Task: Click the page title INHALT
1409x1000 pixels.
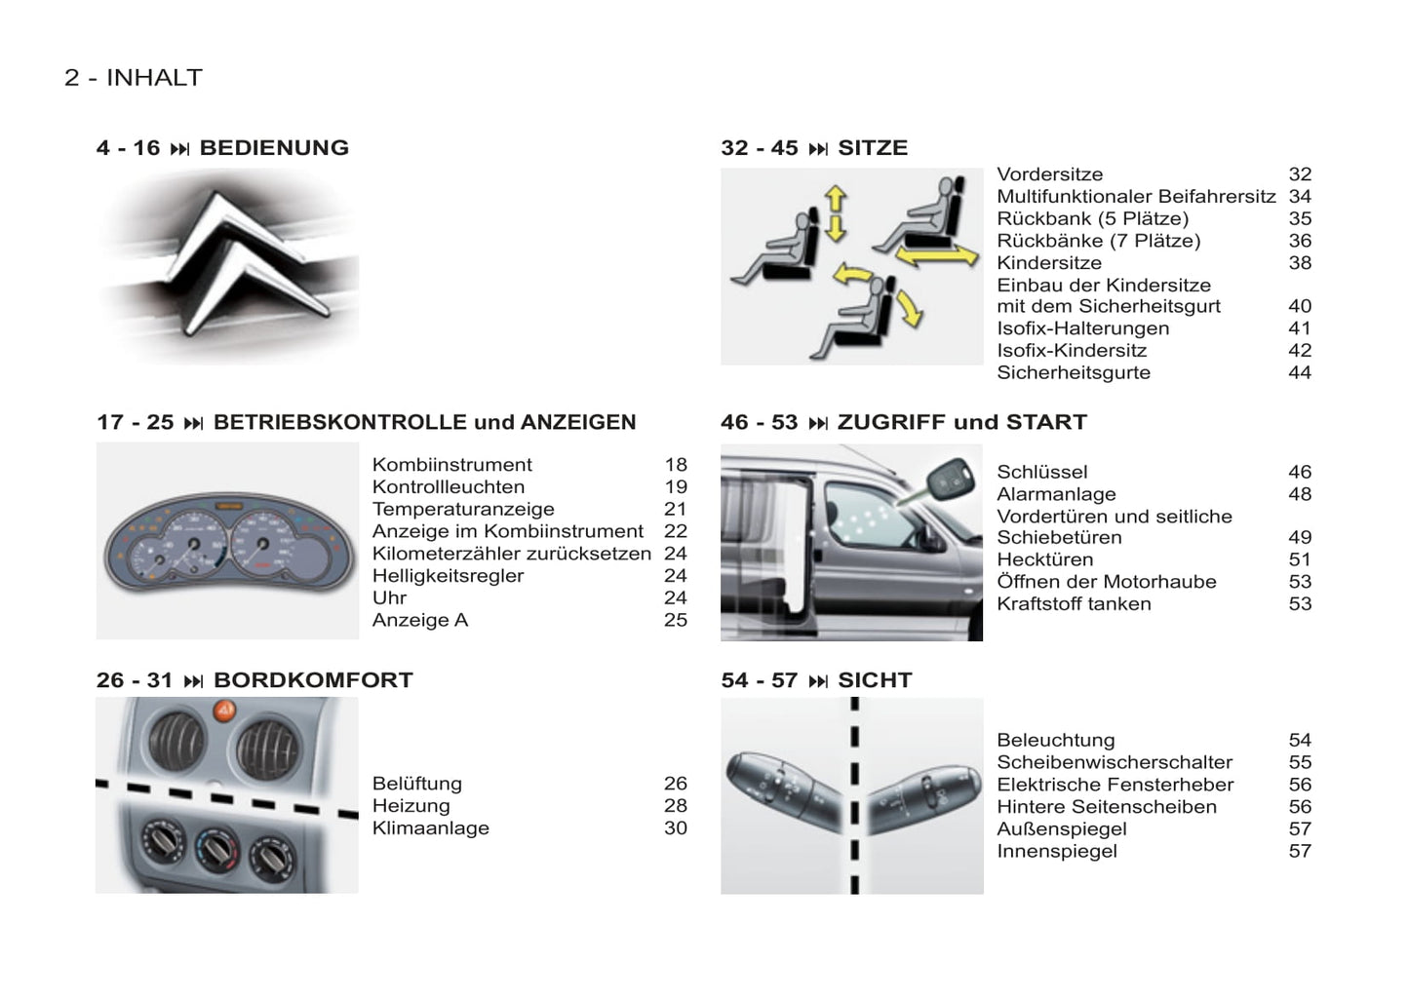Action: point(155,77)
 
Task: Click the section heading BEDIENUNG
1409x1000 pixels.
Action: point(274,148)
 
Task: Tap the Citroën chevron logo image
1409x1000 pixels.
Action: point(228,266)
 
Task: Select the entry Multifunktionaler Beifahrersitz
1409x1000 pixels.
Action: point(1136,197)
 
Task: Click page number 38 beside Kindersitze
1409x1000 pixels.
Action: point(1300,262)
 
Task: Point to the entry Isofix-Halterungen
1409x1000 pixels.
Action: point(1082,328)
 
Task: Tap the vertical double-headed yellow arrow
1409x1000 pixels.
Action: point(836,213)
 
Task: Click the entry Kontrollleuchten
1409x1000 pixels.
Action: point(448,486)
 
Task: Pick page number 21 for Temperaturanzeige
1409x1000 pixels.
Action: point(675,509)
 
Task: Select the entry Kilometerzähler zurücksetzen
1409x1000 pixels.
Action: point(511,554)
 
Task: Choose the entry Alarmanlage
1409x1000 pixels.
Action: point(1056,494)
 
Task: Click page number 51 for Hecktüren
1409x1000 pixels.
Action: point(1300,559)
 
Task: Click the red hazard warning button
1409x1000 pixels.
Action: point(224,711)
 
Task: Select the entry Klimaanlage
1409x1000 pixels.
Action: point(430,828)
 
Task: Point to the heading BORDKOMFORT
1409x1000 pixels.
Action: point(313,680)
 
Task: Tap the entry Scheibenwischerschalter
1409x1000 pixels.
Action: point(1114,762)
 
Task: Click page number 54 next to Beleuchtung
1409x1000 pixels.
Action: point(1300,740)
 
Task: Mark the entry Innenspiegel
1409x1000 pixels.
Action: point(1057,852)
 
